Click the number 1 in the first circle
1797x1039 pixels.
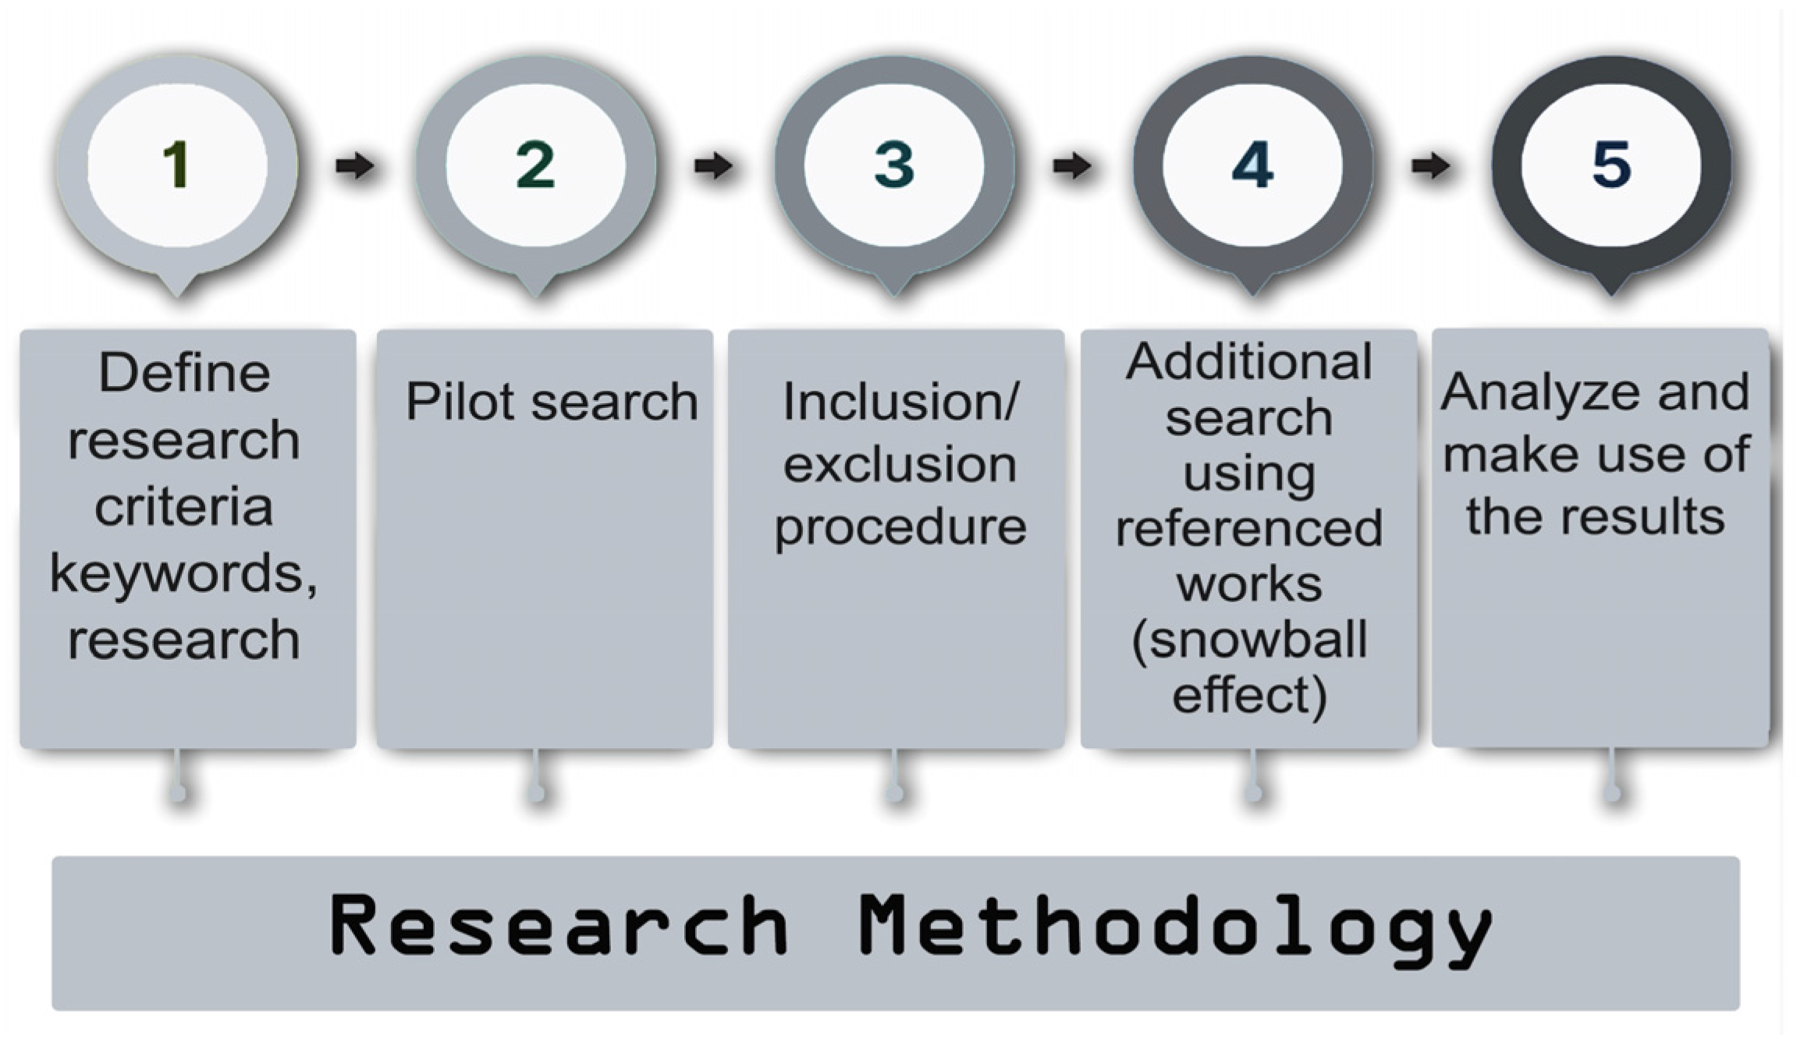pos(176,165)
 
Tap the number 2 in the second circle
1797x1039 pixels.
pos(535,165)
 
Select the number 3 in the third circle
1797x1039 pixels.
pos(894,165)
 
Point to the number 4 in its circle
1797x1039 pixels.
pos(1252,165)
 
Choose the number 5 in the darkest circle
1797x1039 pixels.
pos(1611,165)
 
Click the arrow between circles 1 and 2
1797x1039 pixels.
pos(355,165)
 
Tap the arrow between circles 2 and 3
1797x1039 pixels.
pos(714,165)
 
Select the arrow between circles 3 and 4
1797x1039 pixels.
pos(1073,165)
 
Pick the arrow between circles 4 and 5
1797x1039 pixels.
pos(1431,165)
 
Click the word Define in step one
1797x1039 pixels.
pos(184,373)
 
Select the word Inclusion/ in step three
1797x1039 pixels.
pos(900,402)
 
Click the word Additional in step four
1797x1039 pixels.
pos(1248,361)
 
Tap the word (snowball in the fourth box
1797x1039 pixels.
pos(1248,640)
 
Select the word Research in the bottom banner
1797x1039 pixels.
pos(558,926)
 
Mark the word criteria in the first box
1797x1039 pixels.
pos(184,507)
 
